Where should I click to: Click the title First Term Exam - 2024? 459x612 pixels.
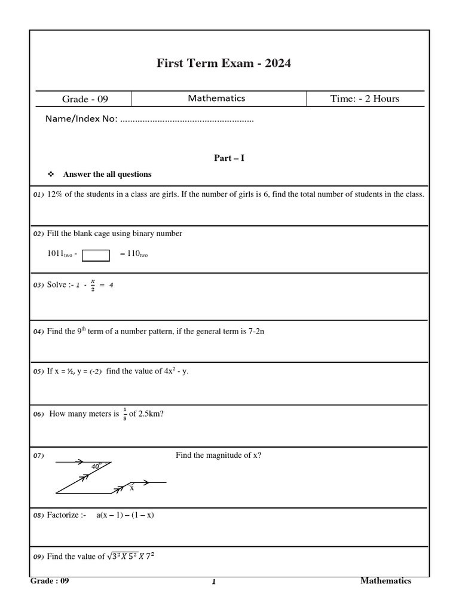(x=224, y=63)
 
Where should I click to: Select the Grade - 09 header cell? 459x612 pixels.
(x=85, y=99)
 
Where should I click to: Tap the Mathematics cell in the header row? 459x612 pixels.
(x=216, y=99)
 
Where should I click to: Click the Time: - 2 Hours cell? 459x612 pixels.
(x=365, y=99)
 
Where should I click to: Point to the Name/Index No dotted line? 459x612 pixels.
(x=186, y=120)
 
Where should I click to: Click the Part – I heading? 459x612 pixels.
(x=229, y=158)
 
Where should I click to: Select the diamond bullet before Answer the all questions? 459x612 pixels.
(x=51, y=175)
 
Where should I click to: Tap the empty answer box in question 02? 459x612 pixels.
(x=96, y=255)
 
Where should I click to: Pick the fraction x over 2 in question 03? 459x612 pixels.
(x=93, y=285)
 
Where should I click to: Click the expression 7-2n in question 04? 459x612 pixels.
(x=256, y=331)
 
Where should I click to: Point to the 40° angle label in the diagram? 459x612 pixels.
(x=96, y=466)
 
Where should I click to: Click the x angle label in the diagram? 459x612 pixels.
(x=132, y=488)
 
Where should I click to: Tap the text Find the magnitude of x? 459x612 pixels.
(x=218, y=455)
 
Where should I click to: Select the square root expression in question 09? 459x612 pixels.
(x=131, y=556)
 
